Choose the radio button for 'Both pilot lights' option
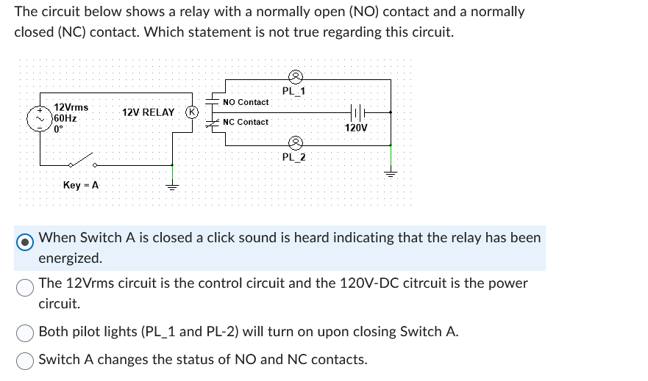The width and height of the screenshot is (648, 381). click(x=26, y=333)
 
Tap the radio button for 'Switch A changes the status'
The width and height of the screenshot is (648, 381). click(x=26, y=360)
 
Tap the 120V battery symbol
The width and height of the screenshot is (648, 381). click(x=356, y=112)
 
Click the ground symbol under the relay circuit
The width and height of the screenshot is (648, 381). click(x=172, y=186)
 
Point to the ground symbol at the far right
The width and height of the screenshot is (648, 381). click(x=391, y=175)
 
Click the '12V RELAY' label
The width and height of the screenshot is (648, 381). click(x=149, y=112)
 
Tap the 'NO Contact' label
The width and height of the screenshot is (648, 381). click(x=246, y=102)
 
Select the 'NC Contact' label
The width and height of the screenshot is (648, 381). click(x=246, y=122)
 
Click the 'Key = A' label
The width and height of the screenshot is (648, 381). click(x=81, y=185)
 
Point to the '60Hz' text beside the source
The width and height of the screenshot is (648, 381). click(x=65, y=117)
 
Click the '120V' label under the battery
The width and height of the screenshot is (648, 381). click(x=356, y=128)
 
